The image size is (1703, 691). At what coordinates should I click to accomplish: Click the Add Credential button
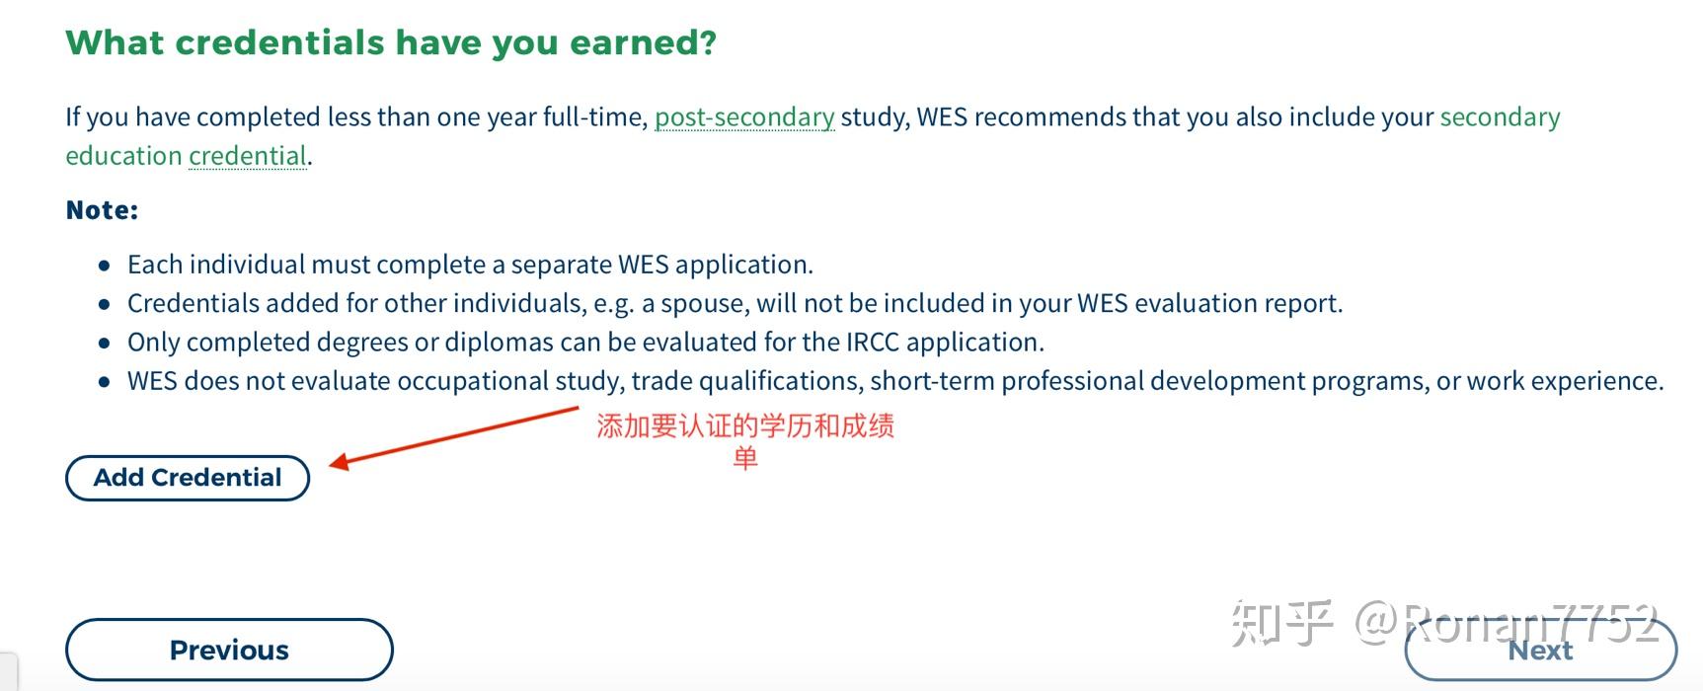click(x=188, y=478)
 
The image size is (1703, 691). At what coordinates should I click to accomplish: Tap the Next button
click(x=1540, y=651)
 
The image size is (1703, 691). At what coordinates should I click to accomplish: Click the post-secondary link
click(x=744, y=117)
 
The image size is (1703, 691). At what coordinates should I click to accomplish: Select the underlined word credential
click(x=247, y=156)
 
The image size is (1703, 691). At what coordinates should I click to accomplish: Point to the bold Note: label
click(x=102, y=210)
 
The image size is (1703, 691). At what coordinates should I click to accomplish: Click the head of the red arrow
click(x=337, y=461)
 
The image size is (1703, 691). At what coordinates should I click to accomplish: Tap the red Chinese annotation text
click(x=745, y=427)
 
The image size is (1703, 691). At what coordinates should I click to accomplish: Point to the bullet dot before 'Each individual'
click(x=105, y=266)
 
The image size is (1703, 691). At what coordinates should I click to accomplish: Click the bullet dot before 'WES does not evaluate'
click(x=105, y=382)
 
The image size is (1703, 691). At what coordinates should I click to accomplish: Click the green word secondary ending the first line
click(x=1500, y=117)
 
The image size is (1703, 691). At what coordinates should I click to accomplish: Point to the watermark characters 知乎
click(x=1282, y=624)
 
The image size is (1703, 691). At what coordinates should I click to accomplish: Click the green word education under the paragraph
click(x=123, y=156)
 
